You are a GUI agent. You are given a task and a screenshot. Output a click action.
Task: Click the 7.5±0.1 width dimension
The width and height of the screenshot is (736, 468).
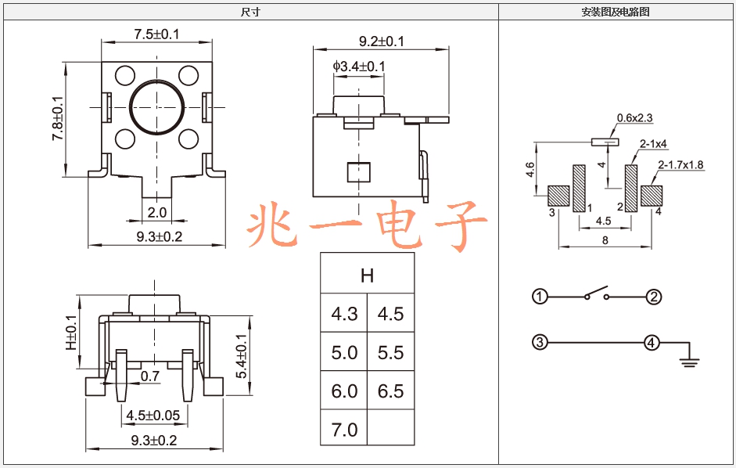click(x=156, y=34)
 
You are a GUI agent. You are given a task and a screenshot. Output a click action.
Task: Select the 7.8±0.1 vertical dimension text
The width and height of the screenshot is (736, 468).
click(x=57, y=118)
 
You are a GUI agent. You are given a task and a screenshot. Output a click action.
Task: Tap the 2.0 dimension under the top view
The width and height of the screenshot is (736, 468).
click(x=156, y=212)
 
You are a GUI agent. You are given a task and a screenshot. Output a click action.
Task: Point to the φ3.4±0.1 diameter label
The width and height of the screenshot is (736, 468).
click(x=359, y=67)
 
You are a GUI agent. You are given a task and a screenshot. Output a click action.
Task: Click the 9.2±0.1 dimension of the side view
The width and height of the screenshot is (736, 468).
click(x=382, y=41)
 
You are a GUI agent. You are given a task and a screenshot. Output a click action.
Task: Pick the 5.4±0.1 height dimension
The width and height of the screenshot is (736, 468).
click(x=241, y=356)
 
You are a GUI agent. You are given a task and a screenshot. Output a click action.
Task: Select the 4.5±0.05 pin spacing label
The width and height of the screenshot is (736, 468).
click(x=153, y=416)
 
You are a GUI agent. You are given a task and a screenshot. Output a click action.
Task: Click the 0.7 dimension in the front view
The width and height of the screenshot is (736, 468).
click(x=149, y=376)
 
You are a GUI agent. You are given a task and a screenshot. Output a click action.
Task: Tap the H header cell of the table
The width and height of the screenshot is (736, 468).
click(x=367, y=275)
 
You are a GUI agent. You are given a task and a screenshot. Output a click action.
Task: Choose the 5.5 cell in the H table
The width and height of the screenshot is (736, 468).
click(x=390, y=352)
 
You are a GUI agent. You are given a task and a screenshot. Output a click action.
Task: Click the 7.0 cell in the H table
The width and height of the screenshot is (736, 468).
click(x=344, y=430)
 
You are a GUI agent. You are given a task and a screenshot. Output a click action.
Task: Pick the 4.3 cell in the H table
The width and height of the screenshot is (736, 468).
click(x=344, y=314)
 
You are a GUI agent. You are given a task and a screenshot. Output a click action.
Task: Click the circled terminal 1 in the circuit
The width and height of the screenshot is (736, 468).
click(x=540, y=297)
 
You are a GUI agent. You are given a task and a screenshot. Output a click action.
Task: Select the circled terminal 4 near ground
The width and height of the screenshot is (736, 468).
click(x=651, y=343)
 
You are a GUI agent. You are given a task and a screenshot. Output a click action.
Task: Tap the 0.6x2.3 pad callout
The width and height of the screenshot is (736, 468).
click(x=634, y=118)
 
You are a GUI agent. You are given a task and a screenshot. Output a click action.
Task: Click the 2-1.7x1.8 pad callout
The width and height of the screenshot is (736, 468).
click(x=680, y=165)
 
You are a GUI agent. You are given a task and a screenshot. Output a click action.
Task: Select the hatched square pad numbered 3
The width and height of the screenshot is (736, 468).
click(x=558, y=196)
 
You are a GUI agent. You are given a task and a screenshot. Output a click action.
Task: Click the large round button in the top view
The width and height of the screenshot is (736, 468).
click(x=156, y=107)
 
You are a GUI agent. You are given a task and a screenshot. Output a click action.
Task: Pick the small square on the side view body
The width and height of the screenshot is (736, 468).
click(x=358, y=172)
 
